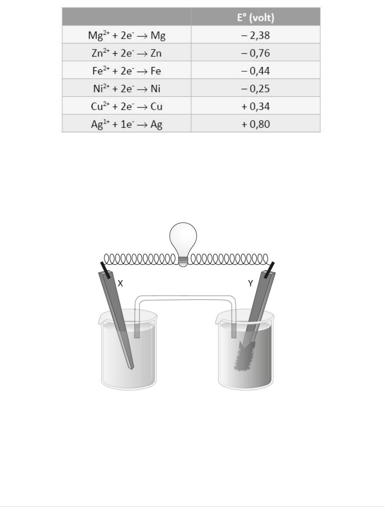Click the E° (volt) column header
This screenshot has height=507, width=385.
click(255, 18)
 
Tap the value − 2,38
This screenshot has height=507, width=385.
click(255, 35)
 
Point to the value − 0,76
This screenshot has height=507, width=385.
click(255, 53)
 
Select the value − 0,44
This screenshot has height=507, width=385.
click(255, 71)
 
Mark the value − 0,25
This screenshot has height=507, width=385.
click(255, 89)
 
